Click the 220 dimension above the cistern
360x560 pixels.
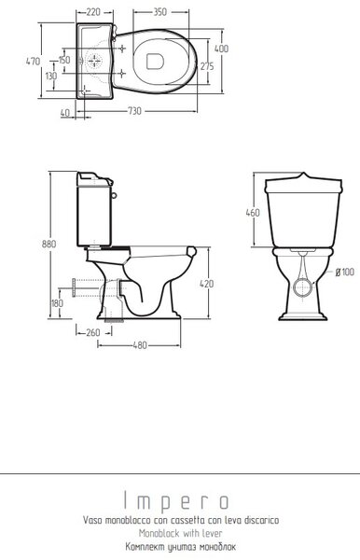coord(93,12)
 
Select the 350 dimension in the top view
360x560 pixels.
coord(159,12)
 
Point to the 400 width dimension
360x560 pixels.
coord(221,49)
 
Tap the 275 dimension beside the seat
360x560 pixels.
coord(207,66)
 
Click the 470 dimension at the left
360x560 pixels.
coord(34,61)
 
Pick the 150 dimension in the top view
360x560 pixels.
coord(64,60)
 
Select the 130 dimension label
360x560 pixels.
coord(51,76)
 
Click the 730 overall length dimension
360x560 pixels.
coord(134,111)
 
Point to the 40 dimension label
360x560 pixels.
coord(65,113)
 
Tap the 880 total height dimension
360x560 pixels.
coord(48,244)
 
